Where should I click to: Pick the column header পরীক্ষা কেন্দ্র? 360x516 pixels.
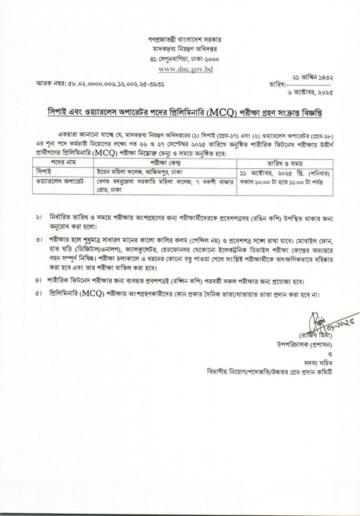[x=163, y=164]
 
